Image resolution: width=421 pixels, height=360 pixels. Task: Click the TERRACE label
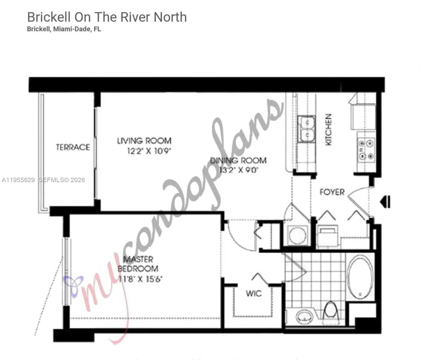click(x=73, y=147)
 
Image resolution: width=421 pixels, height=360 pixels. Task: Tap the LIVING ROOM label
click(x=144, y=141)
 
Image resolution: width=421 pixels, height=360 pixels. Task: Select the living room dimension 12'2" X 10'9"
click(x=149, y=151)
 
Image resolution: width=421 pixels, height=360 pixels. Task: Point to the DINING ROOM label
click(x=238, y=160)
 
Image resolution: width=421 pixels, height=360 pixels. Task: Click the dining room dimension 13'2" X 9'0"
click(x=239, y=170)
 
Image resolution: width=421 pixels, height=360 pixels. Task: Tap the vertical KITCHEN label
click(x=329, y=129)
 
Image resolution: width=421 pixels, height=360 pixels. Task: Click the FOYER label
click(x=332, y=192)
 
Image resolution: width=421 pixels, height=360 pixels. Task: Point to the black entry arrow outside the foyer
click(x=385, y=202)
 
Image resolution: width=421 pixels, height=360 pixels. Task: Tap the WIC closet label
click(x=254, y=293)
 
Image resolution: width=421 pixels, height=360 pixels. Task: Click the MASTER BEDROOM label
click(x=138, y=264)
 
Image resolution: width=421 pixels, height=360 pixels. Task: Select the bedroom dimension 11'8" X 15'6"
click(x=140, y=279)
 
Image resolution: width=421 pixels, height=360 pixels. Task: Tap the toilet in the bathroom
click(x=331, y=310)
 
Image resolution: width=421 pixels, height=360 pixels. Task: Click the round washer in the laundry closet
click(x=297, y=235)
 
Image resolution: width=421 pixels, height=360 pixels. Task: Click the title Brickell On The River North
click(x=107, y=17)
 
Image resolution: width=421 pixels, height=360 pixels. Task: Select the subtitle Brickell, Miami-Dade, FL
click(x=64, y=29)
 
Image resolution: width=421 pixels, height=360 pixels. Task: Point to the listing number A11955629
click(x=18, y=180)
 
